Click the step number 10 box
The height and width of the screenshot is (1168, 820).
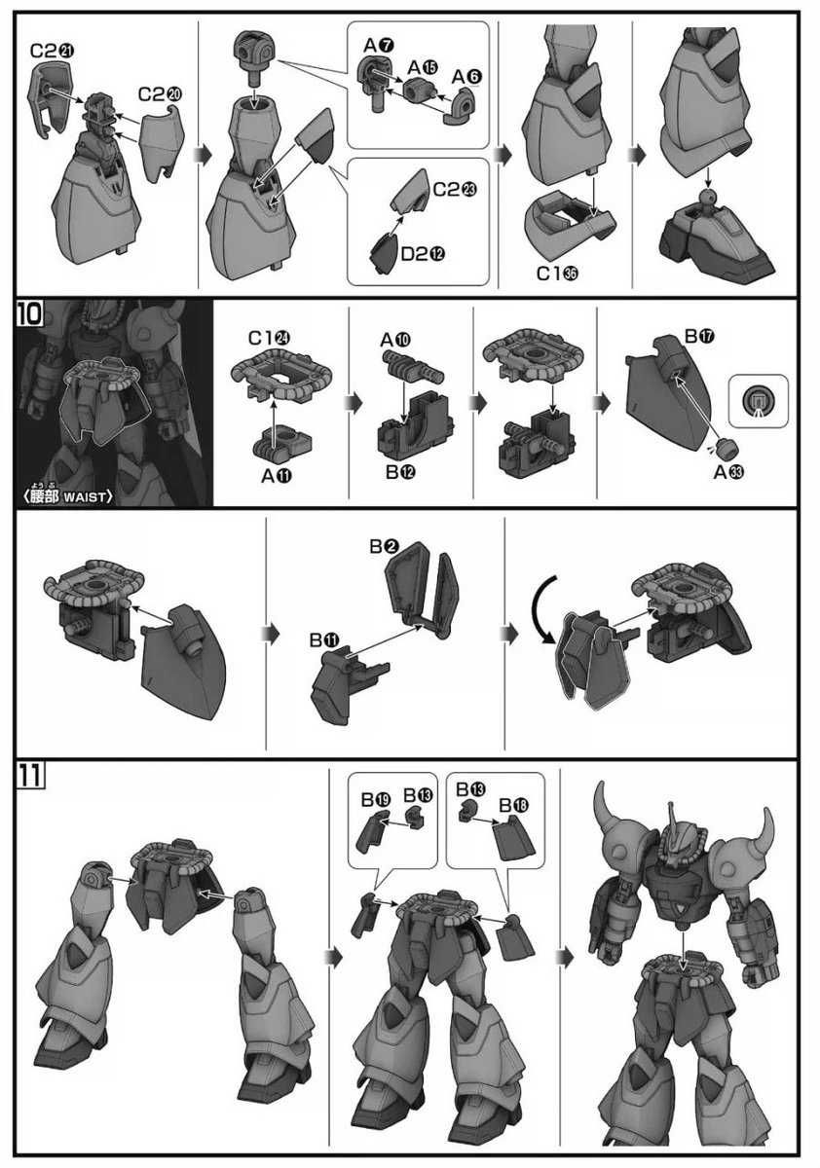[30, 313]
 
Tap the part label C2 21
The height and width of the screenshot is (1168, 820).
[53, 51]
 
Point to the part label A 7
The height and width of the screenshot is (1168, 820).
[379, 46]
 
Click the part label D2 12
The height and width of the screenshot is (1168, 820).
[423, 254]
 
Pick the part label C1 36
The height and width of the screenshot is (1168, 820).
[557, 273]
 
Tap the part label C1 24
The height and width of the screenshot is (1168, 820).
[269, 338]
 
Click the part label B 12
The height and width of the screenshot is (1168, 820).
[400, 472]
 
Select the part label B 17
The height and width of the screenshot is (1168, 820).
[699, 337]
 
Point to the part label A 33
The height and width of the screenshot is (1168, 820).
[728, 472]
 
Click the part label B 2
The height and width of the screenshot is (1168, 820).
[385, 546]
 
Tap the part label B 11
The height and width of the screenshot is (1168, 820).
[324, 639]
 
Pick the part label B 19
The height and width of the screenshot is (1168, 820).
[376, 799]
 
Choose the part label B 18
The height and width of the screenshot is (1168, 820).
[514, 805]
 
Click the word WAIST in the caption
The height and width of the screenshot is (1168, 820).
[84, 497]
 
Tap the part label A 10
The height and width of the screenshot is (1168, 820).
[395, 340]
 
